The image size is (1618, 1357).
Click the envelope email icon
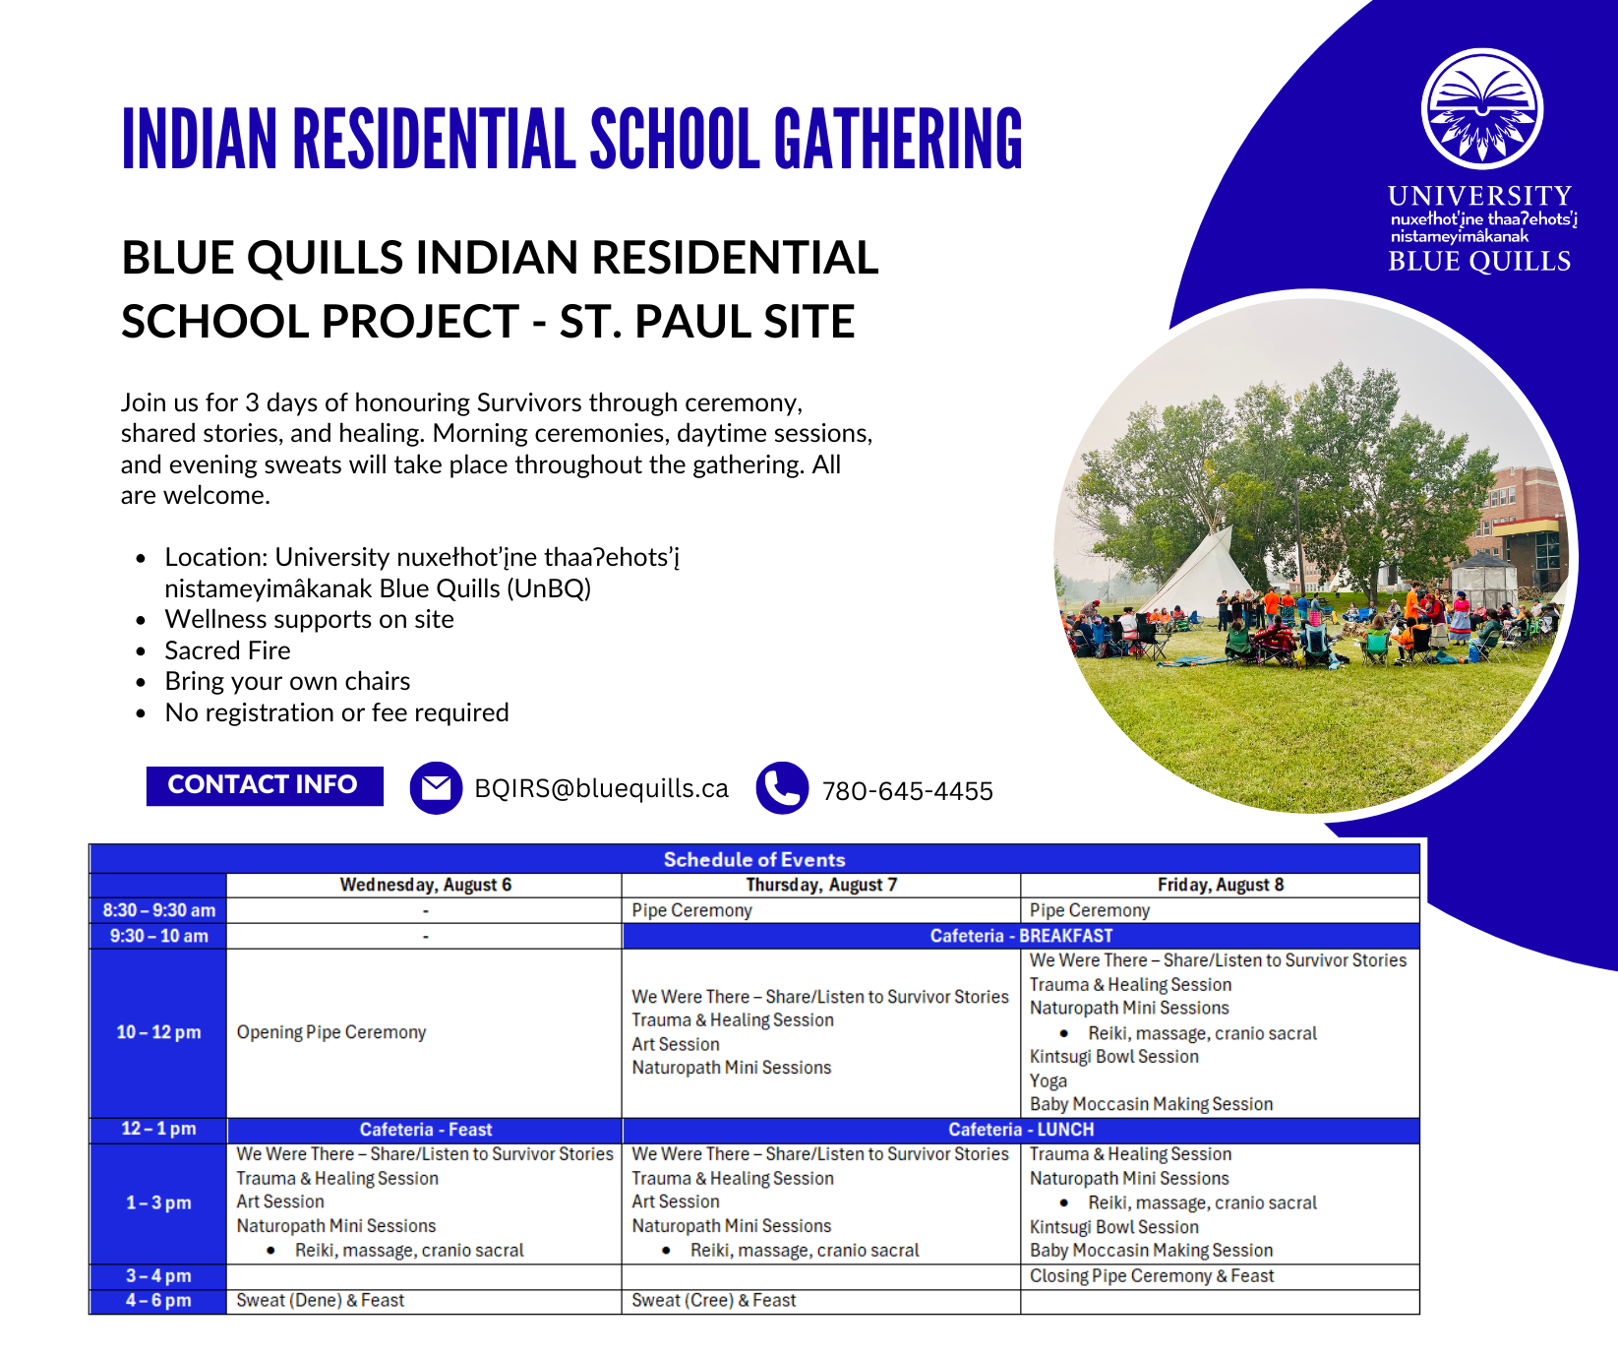(436, 788)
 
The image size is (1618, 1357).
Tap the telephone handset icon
(783, 788)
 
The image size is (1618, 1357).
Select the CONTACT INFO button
(265, 785)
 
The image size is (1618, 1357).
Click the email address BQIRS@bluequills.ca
(601, 789)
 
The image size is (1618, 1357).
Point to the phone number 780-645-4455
(907, 791)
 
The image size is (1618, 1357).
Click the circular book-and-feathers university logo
(1481, 108)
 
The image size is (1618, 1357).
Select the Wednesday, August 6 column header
(425, 885)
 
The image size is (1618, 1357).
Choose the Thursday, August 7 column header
(821, 885)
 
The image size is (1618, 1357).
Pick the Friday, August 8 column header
(1221, 885)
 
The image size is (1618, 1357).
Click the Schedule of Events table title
(754, 859)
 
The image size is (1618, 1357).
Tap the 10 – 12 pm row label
(158, 1032)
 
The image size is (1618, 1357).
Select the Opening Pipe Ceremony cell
(331, 1032)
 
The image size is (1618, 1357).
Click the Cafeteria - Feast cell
(425, 1130)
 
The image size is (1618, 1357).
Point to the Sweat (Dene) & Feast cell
(320, 1301)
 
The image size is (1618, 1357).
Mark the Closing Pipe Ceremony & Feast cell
(1152, 1276)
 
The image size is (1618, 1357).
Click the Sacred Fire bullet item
(227, 650)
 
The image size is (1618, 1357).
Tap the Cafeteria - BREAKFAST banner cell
(1021, 936)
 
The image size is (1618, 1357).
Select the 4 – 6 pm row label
(158, 1301)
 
